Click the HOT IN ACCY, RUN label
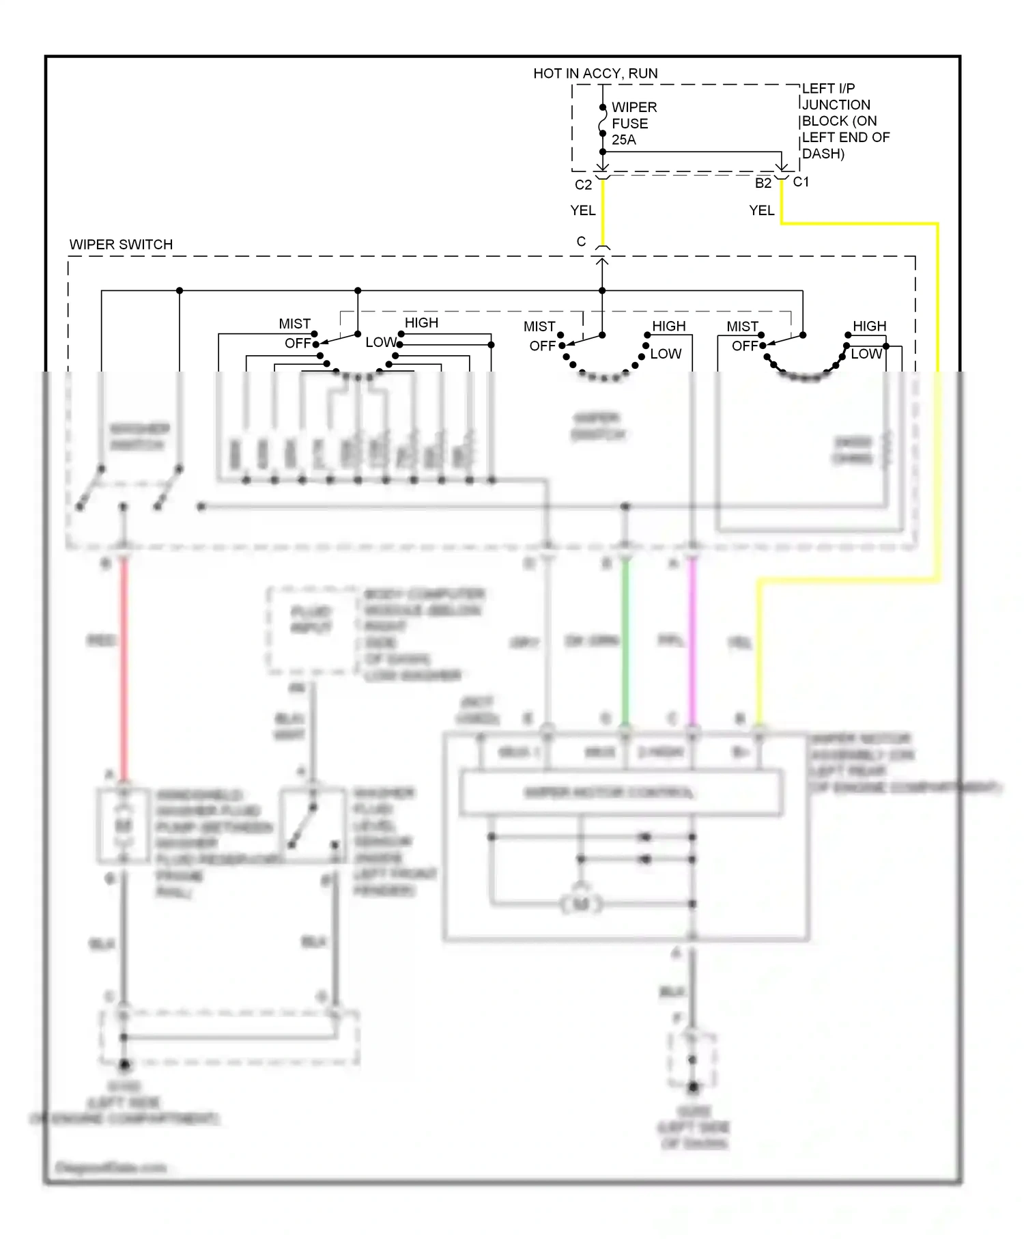coord(595,73)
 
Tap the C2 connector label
coord(583,185)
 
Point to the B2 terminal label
coord(763,183)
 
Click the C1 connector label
coord(801,182)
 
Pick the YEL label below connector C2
coord(582,210)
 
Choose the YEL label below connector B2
coord(761,210)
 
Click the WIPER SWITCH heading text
coord(121,245)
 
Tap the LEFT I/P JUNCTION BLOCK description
coord(844,121)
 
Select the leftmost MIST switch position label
coord(294,324)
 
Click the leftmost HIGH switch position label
coord(421,322)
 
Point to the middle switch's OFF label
coord(542,346)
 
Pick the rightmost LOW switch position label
coord(866,354)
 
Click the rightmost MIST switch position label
coord(742,326)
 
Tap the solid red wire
coord(124,669)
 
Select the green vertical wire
coord(625,642)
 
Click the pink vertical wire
coord(692,642)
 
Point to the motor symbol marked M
coord(581,904)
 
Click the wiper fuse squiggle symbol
coord(602,123)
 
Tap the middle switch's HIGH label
coord(668,326)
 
